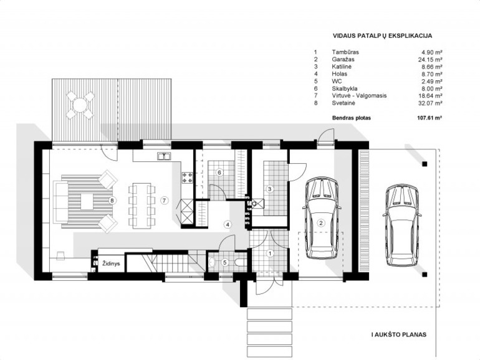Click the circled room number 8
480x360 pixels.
pos(113,201)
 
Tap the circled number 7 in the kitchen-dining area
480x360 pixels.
pos(165,201)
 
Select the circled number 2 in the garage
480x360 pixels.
pos(321,223)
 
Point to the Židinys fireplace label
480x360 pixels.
pos(112,263)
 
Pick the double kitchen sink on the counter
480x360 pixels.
pos(165,156)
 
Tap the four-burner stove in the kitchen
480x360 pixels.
pos(188,178)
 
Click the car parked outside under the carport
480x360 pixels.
pos(401,225)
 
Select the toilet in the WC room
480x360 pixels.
pos(239,262)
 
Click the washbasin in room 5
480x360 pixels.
pos(212,262)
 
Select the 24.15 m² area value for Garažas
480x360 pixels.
pos(430,59)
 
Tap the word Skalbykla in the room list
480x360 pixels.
pos(344,88)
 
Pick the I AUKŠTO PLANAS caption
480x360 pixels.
pos(399,334)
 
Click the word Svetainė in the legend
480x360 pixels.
pos(343,103)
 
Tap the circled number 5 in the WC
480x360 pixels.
pos(225,262)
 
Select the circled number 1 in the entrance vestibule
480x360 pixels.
pos(270,253)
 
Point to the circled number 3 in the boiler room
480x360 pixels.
pos(270,189)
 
